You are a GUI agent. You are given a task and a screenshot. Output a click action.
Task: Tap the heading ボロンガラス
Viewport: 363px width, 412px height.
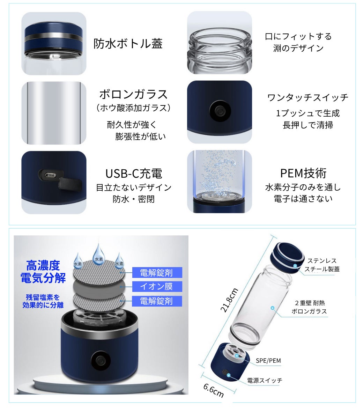click(133, 94)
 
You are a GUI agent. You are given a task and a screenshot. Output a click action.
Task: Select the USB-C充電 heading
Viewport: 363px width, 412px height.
click(134, 174)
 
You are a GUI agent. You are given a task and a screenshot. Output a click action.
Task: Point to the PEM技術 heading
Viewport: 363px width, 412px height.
click(303, 173)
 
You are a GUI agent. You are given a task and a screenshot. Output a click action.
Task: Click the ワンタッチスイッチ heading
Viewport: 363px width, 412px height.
click(308, 97)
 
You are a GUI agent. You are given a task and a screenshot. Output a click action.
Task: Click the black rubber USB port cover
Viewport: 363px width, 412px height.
click(69, 183)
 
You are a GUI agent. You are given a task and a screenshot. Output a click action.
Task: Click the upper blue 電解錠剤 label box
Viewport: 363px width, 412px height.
click(157, 273)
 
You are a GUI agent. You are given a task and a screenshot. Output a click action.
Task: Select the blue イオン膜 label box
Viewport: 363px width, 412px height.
click(157, 286)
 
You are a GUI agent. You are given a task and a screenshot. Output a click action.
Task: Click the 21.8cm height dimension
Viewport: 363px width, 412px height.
click(229, 300)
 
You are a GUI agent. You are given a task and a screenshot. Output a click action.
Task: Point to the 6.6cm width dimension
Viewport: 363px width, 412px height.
click(214, 391)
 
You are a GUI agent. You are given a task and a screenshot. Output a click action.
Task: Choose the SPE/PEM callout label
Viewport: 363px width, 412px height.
click(268, 361)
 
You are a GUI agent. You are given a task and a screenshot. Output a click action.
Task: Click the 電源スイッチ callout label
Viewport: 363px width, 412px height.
click(265, 380)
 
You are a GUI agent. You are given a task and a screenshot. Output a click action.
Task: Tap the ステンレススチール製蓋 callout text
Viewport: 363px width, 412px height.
click(322, 265)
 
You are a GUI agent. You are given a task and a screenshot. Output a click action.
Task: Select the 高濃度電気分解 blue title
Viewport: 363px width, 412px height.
click(43, 272)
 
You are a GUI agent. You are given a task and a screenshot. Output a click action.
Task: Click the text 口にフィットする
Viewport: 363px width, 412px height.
click(298, 36)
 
